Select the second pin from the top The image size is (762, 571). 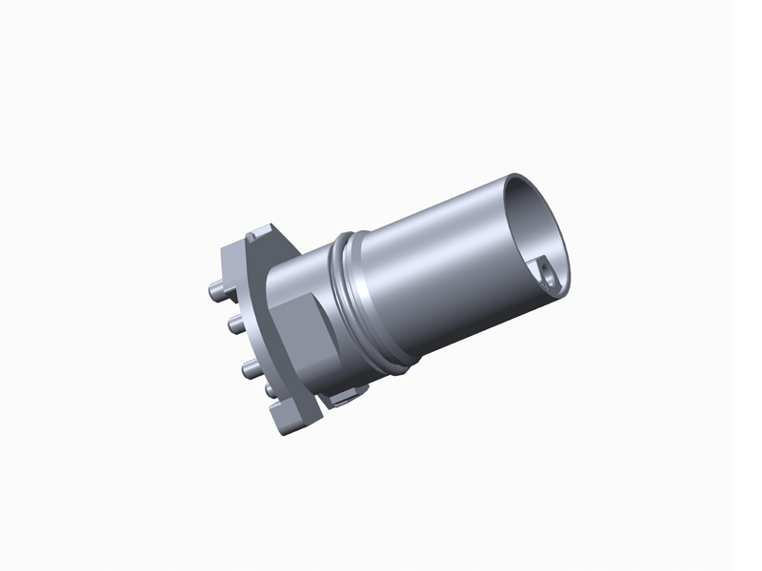click(x=231, y=325)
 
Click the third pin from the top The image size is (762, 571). click(x=246, y=365)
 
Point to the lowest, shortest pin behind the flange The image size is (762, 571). click(x=267, y=390)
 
